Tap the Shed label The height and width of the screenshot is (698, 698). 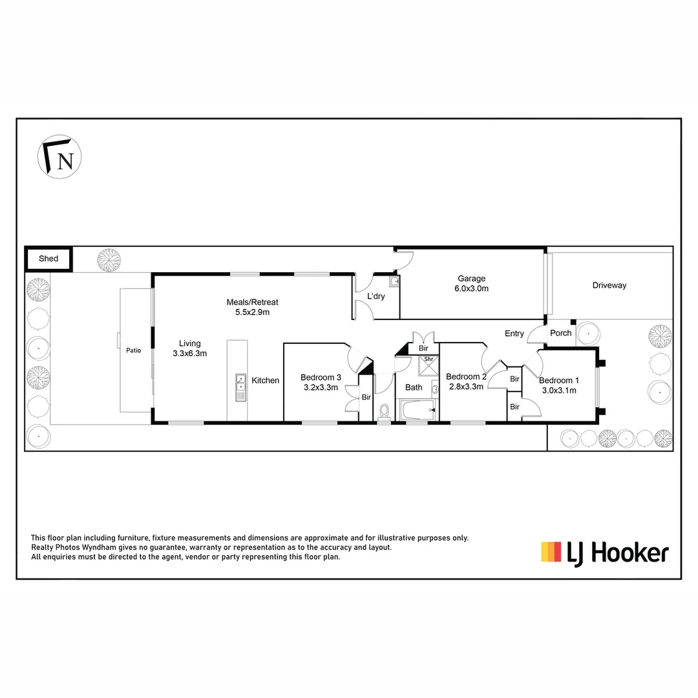tap(48, 259)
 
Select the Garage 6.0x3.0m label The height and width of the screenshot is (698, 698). tap(471, 284)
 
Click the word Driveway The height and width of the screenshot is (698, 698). tap(609, 285)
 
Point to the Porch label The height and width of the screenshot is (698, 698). tap(560, 333)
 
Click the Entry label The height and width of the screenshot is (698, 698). tap(514, 333)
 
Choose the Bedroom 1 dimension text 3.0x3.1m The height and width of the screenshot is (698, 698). tap(559, 390)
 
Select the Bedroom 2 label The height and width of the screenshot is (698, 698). tap(465, 377)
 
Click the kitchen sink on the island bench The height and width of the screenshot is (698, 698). tap(240, 387)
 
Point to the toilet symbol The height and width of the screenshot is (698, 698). tap(384, 411)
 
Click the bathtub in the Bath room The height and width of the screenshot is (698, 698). tap(417, 410)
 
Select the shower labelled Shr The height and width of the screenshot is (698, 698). tap(428, 366)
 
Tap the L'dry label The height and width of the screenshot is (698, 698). tap(375, 297)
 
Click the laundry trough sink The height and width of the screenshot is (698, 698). tap(394, 282)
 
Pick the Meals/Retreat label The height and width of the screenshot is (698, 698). tap(252, 307)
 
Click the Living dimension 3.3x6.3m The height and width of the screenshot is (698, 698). tap(189, 354)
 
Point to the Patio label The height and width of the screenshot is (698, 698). tap(133, 351)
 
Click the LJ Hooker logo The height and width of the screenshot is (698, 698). tap(604, 553)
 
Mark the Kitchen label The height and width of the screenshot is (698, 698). tap(265, 381)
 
